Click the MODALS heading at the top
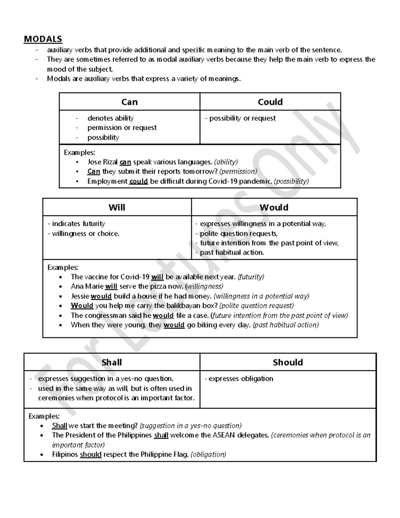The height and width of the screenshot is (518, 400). pos(43,39)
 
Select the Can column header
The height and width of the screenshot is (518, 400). pos(129,102)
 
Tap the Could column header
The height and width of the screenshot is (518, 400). pos(270,102)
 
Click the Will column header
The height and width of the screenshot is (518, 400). pos(117,207)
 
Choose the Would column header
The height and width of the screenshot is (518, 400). pos(274,207)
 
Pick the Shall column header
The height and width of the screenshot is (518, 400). pos(112,362)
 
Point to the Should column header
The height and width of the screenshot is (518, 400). pos(288,362)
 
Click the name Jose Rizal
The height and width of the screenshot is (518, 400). pos(102,162)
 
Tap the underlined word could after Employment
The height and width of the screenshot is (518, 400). pos(138,181)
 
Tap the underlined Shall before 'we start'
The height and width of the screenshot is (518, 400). pos(60,426)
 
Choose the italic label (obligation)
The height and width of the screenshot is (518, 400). pos(208,454)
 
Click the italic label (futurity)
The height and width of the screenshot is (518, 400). pos(251,277)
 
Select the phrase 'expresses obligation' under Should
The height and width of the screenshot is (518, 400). pos(241,379)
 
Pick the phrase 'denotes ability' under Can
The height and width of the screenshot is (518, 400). pos(110,118)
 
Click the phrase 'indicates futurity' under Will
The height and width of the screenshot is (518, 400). pos(78,224)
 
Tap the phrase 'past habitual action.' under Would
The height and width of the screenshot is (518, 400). pos(232,252)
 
